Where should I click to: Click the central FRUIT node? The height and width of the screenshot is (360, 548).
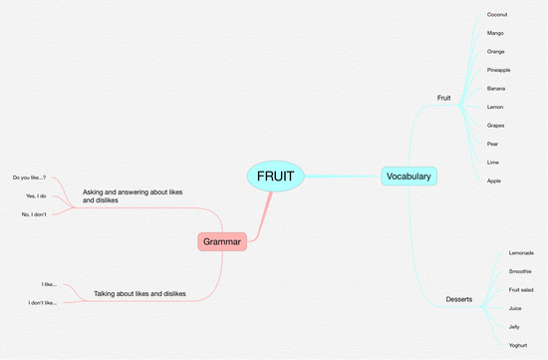275,176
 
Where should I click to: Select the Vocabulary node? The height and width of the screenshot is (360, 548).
409,177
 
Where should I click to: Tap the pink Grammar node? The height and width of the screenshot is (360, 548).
222,240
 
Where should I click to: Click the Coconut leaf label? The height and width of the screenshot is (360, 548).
497,14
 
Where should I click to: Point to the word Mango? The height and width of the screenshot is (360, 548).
495,33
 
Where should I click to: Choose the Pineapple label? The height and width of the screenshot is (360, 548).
499,70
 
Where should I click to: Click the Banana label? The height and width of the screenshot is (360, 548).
496,88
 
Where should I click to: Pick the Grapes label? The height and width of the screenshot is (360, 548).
496,125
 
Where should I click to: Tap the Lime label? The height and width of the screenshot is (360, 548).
492,162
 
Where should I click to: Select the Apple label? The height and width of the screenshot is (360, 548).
494,180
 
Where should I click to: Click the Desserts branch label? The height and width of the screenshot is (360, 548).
459,299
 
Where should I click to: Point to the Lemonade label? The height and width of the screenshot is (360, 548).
521,253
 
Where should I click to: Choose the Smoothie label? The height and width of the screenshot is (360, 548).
521,271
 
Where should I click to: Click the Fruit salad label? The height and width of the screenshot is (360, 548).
522,289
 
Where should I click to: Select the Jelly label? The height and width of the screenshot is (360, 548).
515,326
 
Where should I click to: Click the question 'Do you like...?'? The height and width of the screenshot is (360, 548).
29,178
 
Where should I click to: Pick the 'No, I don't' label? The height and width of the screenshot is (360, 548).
34,214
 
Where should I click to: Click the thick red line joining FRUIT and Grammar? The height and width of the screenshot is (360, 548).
261,213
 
